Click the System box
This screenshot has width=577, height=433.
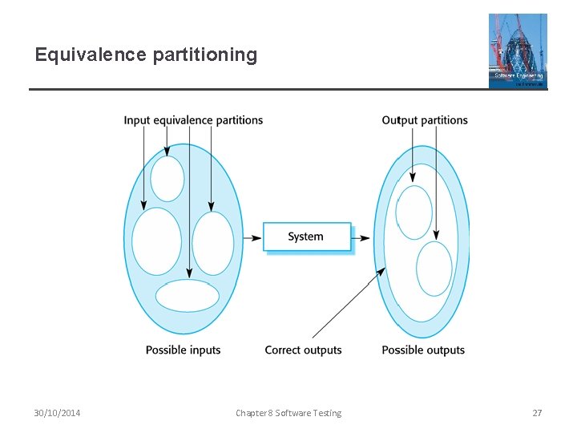tap(307, 237)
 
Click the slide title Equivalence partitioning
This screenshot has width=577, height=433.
tap(146, 55)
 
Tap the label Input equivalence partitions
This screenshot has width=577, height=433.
tap(193, 120)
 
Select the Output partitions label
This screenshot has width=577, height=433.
tap(424, 120)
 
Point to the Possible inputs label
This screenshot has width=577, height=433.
tap(183, 350)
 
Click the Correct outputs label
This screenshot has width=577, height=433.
tap(303, 350)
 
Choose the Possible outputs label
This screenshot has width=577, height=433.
tap(423, 350)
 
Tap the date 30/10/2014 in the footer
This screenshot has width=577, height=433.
tap(57, 413)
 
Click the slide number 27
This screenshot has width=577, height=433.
tap(537, 413)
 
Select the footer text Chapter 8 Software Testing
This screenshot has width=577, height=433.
tap(288, 413)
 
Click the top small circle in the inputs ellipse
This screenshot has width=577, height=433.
tap(167, 178)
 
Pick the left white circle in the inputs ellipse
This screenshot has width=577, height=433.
tap(156, 241)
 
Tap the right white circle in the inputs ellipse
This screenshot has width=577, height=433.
tap(213, 242)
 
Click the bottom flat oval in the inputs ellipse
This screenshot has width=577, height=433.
tap(188, 296)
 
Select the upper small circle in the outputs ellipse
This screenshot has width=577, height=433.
tap(414, 212)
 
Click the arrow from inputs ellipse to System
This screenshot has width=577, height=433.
tap(252, 237)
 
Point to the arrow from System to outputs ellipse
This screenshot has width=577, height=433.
tap(361, 237)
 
